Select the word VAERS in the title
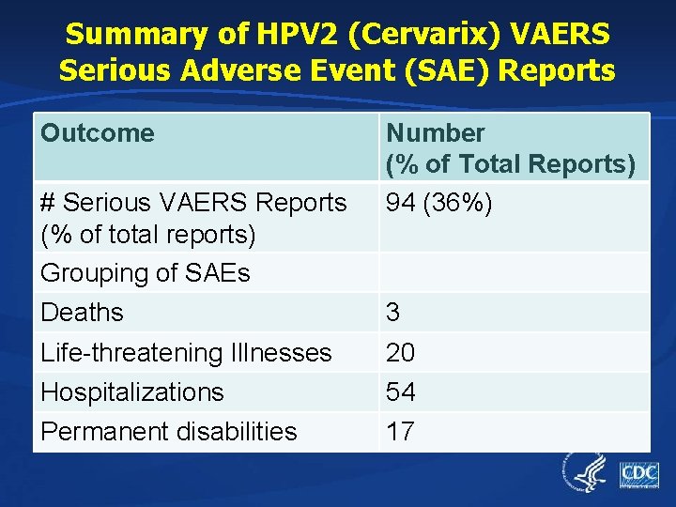coord(559,35)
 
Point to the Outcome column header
coord(97,133)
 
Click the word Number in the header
coord(436,133)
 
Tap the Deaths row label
coord(82,312)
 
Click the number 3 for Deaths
coord(393,312)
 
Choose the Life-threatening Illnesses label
coord(186,353)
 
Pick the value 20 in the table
coord(401,353)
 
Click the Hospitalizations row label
coord(131,392)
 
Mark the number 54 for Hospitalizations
coord(401,392)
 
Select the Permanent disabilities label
coord(168,432)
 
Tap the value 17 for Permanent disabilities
coord(401,432)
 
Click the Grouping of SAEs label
coord(145,273)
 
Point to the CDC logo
coord(638,474)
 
